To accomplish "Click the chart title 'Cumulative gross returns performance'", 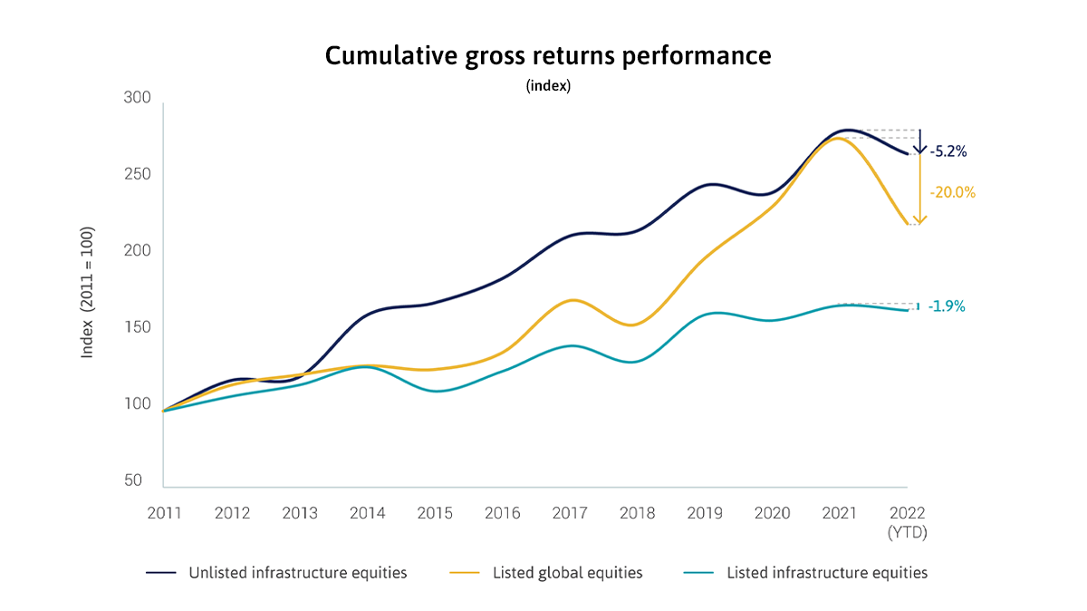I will click(x=548, y=56).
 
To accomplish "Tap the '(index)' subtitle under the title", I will click(x=548, y=87).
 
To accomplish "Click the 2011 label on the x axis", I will click(x=164, y=513).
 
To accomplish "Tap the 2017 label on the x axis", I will click(x=569, y=513).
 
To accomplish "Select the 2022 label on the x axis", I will click(x=908, y=513).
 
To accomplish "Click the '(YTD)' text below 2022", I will click(x=908, y=533).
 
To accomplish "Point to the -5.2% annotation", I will click(x=948, y=152).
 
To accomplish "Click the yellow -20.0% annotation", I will click(x=952, y=193).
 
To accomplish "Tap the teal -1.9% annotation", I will click(x=947, y=306).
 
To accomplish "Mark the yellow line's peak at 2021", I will click(x=838, y=139).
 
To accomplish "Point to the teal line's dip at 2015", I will click(x=437, y=391).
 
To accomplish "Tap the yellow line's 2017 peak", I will click(x=570, y=299).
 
